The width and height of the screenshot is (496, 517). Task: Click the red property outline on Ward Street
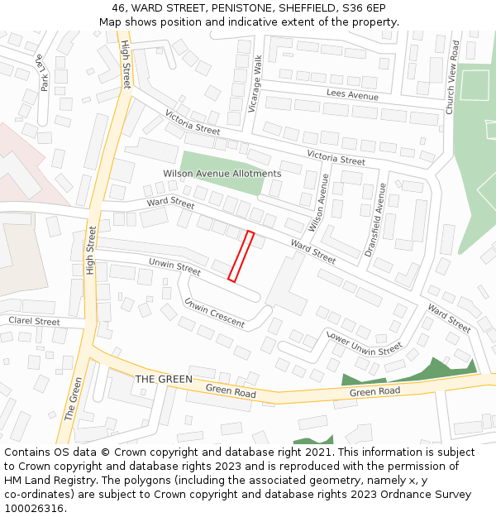point(241,256)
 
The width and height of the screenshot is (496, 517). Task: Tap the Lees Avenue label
point(352,95)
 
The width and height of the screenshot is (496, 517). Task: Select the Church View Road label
point(451,79)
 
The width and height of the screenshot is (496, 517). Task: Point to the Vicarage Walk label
point(258,84)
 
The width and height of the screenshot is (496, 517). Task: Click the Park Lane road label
point(42,72)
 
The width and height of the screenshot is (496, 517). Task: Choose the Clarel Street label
point(34,321)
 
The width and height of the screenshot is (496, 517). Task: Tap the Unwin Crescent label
point(215,313)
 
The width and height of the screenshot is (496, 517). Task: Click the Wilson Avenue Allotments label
point(222,174)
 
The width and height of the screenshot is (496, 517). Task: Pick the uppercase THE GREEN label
point(164,380)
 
